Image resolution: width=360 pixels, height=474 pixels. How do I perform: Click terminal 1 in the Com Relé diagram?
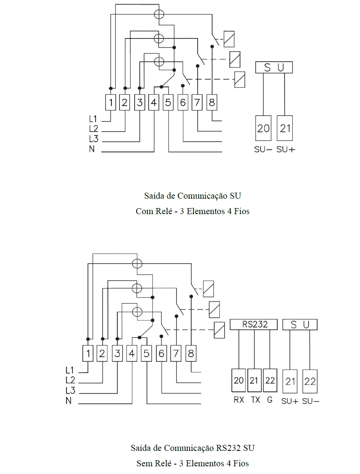click(111, 102)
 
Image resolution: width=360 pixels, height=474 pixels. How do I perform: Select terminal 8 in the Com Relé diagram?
click(212, 102)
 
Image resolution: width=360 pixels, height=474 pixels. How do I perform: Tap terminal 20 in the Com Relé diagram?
click(263, 128)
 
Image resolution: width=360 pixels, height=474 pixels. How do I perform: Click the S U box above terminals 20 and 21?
click(274, 67)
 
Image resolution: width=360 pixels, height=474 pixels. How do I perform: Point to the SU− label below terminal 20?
click(263, 149)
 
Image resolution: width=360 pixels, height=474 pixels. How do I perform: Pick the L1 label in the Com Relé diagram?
click(93, 119)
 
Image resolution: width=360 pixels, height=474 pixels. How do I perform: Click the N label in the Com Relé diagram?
click(92, 149)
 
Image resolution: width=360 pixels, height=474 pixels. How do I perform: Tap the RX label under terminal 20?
click(239, 400)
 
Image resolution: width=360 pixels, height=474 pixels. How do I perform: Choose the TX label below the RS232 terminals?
click(255, 400)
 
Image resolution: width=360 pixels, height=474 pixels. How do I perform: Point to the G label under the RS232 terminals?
click(270, 400)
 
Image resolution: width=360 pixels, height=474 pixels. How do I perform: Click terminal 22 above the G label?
click(270, 380)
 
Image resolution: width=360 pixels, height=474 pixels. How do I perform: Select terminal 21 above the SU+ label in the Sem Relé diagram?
click(290, 381)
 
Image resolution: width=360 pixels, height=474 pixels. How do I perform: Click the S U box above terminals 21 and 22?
click(300, 325)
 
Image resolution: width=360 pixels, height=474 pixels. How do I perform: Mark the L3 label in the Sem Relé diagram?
click(70, 390)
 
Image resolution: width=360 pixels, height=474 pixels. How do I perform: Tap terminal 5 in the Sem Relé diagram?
click(147, 353)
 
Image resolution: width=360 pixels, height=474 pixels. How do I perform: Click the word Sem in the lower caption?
click(144, 463)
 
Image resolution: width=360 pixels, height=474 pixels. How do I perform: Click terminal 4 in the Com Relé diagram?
click(154, 102)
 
